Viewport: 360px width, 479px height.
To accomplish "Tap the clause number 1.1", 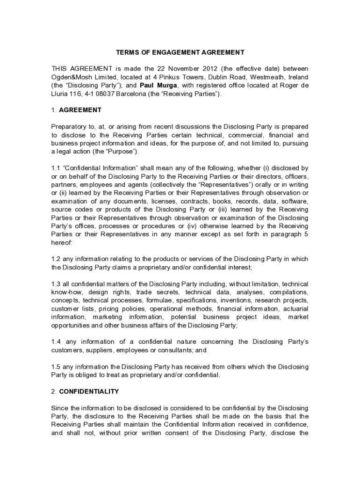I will (x=55, y=168).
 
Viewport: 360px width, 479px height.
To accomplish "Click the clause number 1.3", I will (x=55, y=284).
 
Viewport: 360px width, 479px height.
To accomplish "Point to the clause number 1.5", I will (x=55, y=367).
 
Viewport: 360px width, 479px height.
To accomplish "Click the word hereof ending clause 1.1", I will (x=61, y=243).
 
